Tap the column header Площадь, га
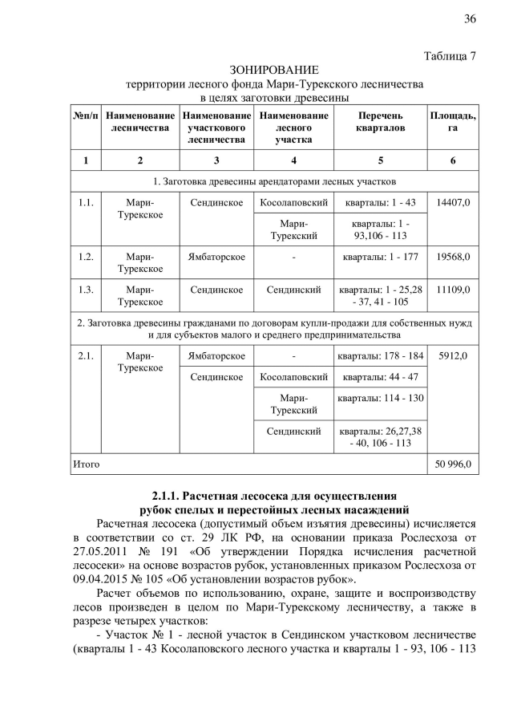click(453, 122)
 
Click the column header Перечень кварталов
click(380, 122)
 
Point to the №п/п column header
click(85, 116)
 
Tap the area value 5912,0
click(453, 355)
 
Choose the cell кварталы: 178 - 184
click(380, 355)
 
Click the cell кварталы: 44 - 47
click(380, 376)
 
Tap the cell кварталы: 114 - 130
click(380, 398)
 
